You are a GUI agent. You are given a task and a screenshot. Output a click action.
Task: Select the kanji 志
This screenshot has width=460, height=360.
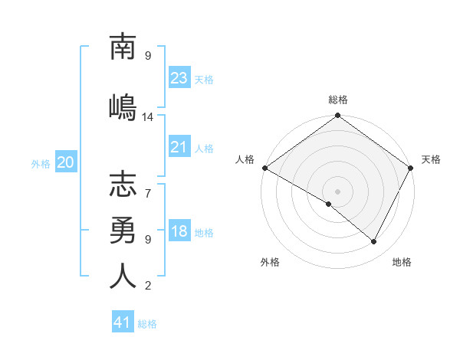(x=123, y=186)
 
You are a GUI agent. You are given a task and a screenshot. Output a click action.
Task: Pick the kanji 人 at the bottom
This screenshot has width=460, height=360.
(x=123, y=275)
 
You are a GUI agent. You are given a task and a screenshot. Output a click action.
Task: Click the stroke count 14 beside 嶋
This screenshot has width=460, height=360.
(x=148, y=117)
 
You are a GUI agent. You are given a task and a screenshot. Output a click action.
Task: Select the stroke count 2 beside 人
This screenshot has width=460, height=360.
(x=148, y=286)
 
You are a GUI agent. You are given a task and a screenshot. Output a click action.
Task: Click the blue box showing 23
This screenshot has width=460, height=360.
(x=179, y=77)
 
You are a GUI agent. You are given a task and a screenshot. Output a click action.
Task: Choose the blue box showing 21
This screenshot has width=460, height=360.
(x=179, y=147)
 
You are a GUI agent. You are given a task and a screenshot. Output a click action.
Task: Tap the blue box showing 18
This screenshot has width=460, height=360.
(x=179, y=232)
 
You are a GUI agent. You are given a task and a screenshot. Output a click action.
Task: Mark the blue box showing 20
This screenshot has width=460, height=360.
(x=66, y=162)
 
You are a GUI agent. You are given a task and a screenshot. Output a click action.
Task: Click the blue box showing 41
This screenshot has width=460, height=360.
(x=123, y=322)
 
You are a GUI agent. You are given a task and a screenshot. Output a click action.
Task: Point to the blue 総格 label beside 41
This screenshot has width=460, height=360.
(x=147, y=324)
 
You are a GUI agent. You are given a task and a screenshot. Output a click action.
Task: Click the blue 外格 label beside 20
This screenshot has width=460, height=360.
(x=41, y=163)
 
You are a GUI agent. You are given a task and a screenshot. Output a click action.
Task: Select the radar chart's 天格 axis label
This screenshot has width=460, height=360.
(x=431, y=159)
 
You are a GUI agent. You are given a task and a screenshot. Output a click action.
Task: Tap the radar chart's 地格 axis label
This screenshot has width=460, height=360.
(x=402, y=263)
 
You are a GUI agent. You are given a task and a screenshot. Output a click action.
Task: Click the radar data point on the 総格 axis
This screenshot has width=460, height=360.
(x=337, y=116)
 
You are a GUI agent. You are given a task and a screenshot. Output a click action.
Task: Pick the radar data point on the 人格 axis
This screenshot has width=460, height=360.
(x=264, y=168)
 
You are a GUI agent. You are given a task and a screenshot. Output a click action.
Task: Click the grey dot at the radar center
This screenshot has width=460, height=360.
(x=337, y=191)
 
